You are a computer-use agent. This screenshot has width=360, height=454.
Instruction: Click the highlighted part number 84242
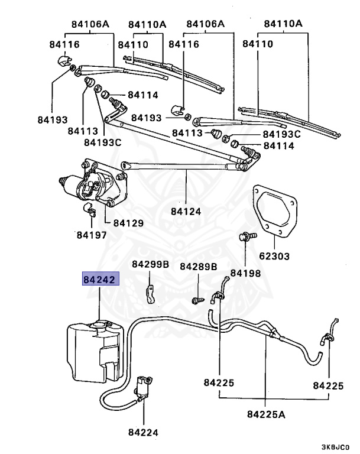coord(100,278)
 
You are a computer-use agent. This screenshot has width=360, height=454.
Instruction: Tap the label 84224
coord(144,432)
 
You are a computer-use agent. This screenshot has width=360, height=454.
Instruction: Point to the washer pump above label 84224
coord(143,387)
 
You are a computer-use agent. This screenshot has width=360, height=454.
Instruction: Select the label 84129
coord(128,223)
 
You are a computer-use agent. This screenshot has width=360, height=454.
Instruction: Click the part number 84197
coord(91,235)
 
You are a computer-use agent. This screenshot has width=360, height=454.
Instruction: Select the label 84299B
coord(150,264)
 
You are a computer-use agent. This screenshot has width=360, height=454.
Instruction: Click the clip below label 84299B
coord(151,293)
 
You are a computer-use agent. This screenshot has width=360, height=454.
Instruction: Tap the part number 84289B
coord(199,267)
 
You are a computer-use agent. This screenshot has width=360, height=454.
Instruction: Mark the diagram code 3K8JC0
coord(335,446)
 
